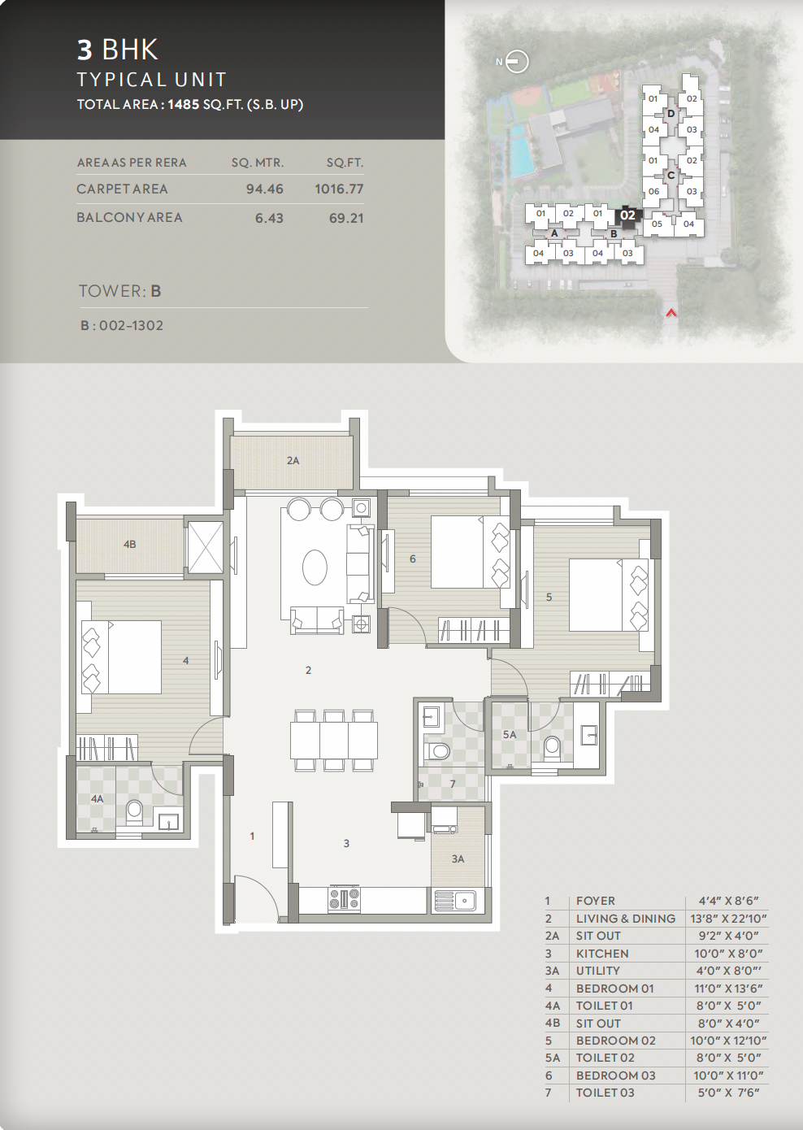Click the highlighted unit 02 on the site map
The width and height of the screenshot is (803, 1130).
(x=627, y=215)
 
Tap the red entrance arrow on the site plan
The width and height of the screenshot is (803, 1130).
(x=671, y=313)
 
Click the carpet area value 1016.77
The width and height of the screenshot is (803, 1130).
(x=339, y=189)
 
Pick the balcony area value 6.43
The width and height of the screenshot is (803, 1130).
(x=269, y=218)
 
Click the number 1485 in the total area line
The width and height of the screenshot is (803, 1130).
(x=184, y=104)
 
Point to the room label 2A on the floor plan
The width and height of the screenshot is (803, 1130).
(x=293, y=460)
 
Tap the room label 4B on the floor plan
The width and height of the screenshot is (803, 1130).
(x=129, y=545)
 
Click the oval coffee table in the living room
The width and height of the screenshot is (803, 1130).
(x=315, y=567)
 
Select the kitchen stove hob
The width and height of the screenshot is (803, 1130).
(x=345, y=899)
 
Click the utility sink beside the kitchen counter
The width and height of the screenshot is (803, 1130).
(x=455, y=899)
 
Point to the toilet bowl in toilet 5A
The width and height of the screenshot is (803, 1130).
(x=553, y=748)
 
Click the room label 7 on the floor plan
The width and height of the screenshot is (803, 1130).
(x=453, y=784)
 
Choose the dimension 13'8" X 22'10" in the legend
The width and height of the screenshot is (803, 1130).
(x=728, y=918)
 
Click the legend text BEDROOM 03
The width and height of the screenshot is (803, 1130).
(x=616, y=1075)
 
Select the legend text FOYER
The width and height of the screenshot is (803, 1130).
(x=596, y=901)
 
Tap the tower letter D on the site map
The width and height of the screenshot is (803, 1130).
(x=671, y=114)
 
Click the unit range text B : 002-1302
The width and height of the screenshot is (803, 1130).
(x=122, y=325)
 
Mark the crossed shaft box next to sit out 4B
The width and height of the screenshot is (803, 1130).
(x=205, y=547)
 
